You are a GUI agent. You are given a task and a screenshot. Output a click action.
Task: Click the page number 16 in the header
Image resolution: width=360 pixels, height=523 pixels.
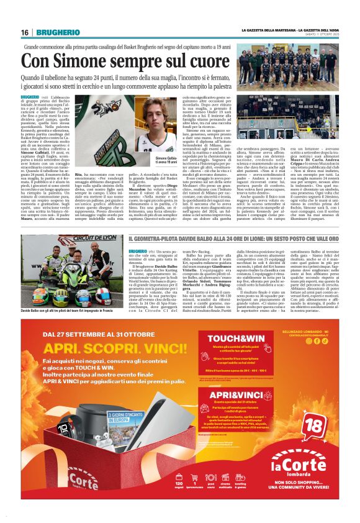point(25,32)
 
